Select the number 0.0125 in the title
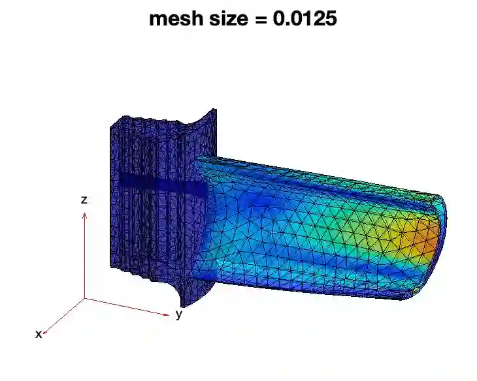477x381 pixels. point(304,18)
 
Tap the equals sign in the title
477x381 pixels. point(260,19)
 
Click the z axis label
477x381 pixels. point(84,200)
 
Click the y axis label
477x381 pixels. point(179,314)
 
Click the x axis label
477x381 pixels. point(39,334)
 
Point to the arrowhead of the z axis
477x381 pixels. point(84,215)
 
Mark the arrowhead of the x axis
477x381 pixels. point(45,332)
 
